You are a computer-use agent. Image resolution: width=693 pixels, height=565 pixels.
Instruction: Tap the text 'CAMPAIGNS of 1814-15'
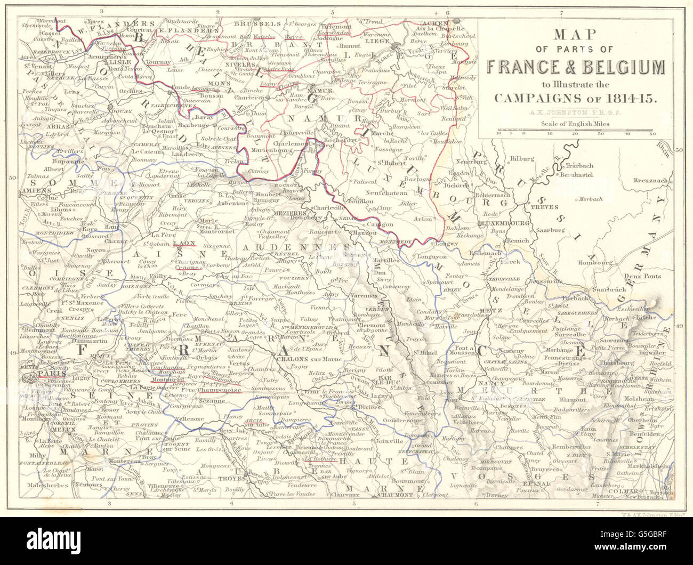(x=577, y=98)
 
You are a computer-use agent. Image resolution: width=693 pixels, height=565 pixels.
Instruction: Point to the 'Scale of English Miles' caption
(x=577, y=124)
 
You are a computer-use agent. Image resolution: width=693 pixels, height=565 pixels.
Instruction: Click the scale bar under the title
(x=577, y=131)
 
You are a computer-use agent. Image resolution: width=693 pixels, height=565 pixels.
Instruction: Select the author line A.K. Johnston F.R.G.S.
(x=577, y=112)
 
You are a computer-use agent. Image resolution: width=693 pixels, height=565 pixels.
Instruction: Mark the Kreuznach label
(x=650, y=181)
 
